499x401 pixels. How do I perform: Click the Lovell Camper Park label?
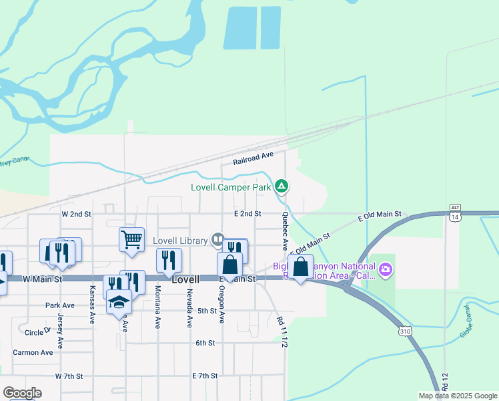click(x=231, y=187)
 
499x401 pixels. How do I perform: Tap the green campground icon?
click(x=282, y=186)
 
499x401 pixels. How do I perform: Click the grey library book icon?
click(x=217, y=239)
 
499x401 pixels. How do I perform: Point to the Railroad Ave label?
click(x=254, y=158)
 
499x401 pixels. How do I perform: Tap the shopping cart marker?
click(x=131, y=239)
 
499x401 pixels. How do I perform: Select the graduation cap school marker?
click(x=119, y=303)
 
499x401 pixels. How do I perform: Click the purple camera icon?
click(x=386, y=270)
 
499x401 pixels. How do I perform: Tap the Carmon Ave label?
click(x=31, y=352)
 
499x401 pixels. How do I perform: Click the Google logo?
click(x=23, y=393)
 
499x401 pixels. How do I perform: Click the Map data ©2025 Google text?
click(x=458, y=396)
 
